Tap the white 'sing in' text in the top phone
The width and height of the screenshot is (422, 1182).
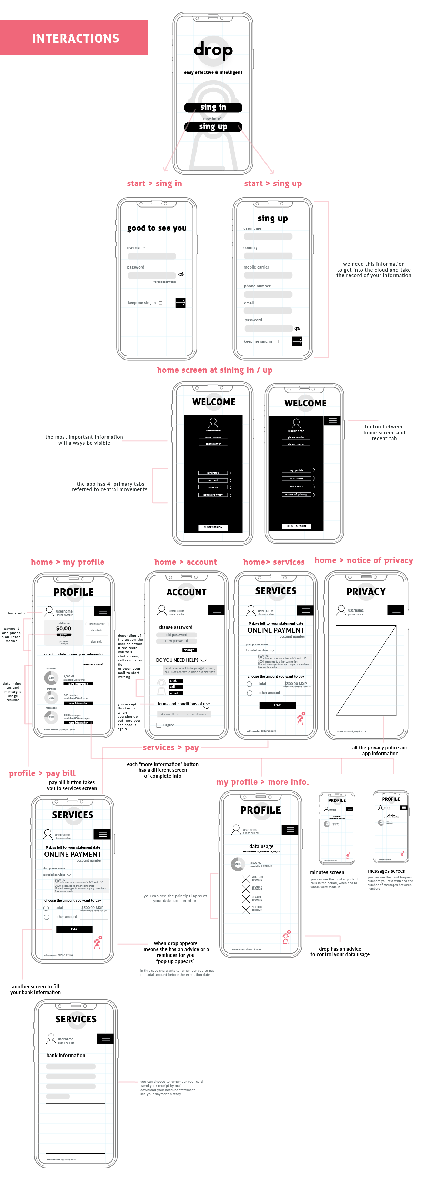[x=213, y=107]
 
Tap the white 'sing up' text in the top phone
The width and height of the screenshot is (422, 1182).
[x=213, y=127]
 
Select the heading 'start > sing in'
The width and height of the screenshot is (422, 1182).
[x=154, y=183]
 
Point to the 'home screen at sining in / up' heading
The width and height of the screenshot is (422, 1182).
[x=214, y=370]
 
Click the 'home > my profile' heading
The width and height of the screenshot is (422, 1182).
[x=68, y=562]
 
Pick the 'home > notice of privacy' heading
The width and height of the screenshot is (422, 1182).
[x=363, y=560]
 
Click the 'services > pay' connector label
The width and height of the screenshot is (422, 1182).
[x=171, y=747]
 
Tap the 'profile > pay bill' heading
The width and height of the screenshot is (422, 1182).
[x=42, y=773]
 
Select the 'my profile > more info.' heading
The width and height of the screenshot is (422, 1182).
[x=262, y=782]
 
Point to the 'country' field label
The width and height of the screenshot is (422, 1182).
[x=250, y=248]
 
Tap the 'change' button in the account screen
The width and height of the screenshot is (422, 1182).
[x=189, y=650]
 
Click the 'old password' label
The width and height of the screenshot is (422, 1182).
[x=176, y=635]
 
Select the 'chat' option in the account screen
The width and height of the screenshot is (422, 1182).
[x=173, y=680]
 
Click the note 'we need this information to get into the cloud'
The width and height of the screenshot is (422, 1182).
[x=373, y=270]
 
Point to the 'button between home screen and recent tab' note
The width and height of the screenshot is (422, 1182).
[x=384, y=433]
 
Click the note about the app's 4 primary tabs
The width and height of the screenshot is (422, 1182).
[x=110, y=487]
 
